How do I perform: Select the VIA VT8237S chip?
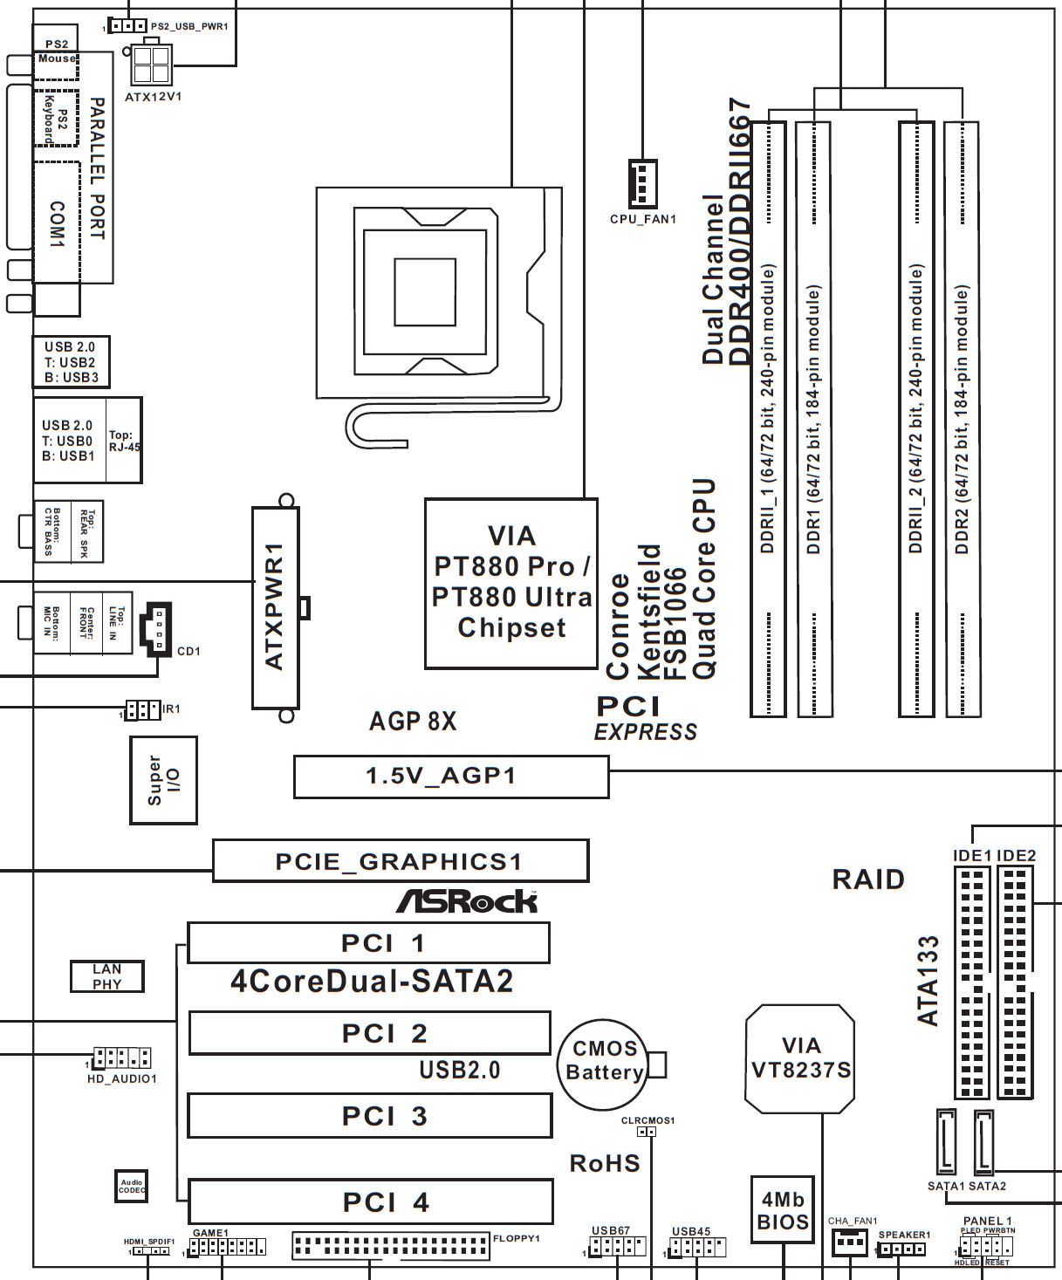click(800, 1058)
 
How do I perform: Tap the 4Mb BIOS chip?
click(782, 1210)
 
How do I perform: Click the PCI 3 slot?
click(370, 1116)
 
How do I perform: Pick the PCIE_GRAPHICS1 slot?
click(401, 861)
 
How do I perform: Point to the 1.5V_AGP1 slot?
click(450, 777)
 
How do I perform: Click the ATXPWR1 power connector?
click(275, 607)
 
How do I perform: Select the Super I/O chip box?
click(163, 780)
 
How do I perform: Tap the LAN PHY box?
click(106, 976)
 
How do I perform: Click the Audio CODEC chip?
click(132, 1186)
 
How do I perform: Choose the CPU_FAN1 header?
click(642, 183)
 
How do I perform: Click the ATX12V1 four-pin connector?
click(152, 66)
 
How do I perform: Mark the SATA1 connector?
click(946, 1140)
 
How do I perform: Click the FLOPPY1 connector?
click(390, 1245)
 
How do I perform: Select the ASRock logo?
click(467, 901)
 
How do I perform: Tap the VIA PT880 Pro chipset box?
click(511, 584)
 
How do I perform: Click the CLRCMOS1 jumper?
click(647, 1132)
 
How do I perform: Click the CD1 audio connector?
click(156, 628)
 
